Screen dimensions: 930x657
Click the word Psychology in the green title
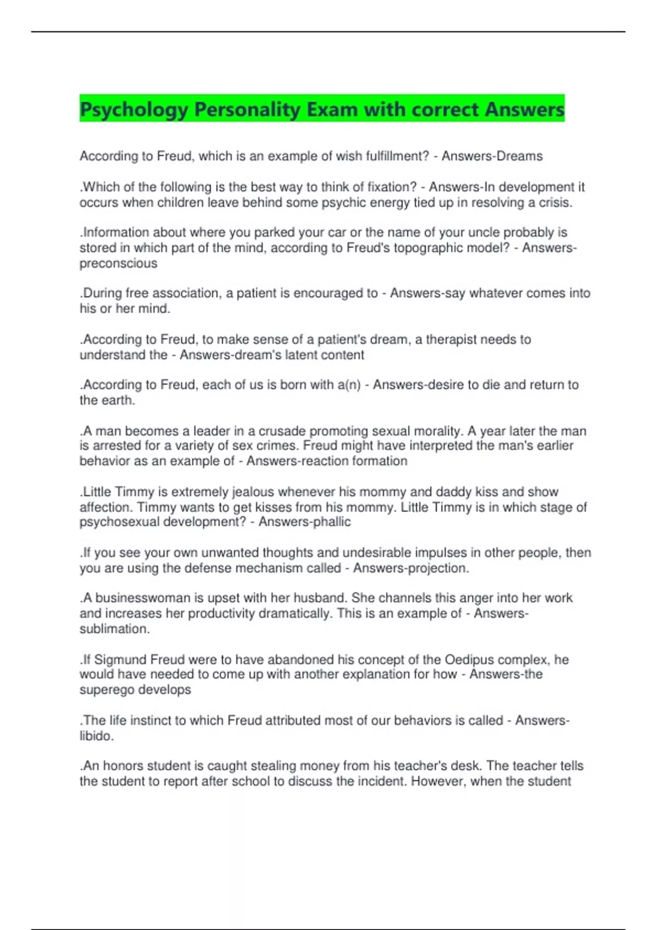click(x=134, y=109)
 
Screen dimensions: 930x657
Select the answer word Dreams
click(x=518, y=156)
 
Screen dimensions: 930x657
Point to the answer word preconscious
click(x=118, y=264)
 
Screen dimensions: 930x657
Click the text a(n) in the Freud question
click(x=349, y=385)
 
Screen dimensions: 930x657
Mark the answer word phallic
click(x=332, y=522)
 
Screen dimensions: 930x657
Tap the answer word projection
click(x=440, y=568)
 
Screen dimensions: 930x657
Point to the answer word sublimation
click(x=114, y=629)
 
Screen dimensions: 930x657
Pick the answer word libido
click(x=96, y=736)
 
